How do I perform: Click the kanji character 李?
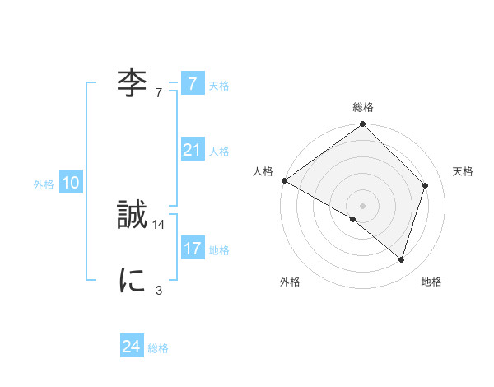tap(133, 84)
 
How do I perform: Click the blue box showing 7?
tap(192, 83)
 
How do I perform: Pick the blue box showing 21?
tap(192, 150)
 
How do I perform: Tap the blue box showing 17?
tap(192, 249)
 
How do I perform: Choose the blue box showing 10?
tap(71, 184)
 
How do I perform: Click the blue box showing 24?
tap(131, 347)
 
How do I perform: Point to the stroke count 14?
tap(159, 224)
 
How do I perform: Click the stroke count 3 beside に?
tap(159, 290)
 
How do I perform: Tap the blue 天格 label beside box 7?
tap(219, 85)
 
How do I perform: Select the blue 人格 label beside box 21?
tap(219, 152)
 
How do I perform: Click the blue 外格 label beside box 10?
tap(44, 184)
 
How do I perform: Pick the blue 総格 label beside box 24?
tap(158, 348)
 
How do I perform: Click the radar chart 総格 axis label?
tap(363, 107)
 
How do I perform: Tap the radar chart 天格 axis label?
tap(463, 171)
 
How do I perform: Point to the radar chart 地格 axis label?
tap(431, 282)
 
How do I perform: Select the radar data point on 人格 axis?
tap(284, 180)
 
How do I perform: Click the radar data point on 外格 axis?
tap(353, 220)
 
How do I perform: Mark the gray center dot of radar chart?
tap(363, 205)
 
